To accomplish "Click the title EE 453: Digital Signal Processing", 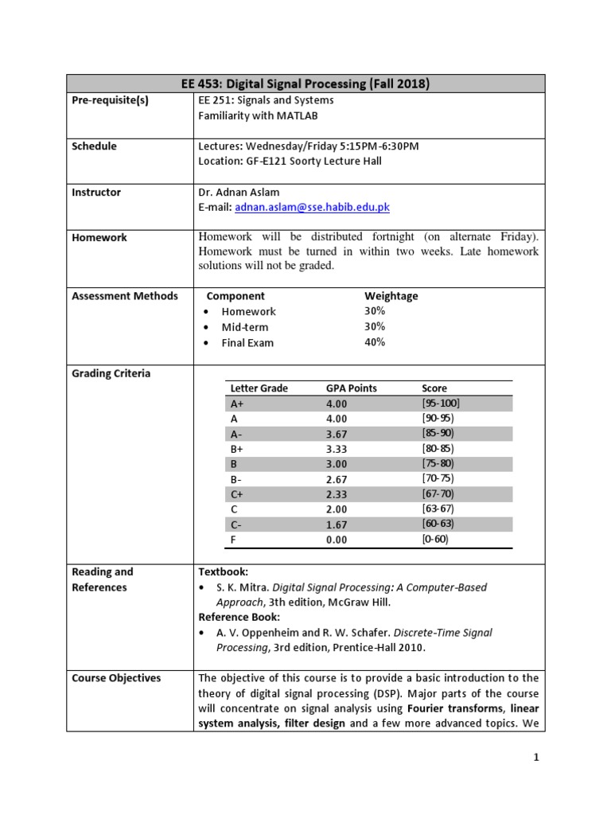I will [x=305, y=84].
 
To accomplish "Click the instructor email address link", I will [x=313, y=208].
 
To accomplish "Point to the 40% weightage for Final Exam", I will [x=375, y=342].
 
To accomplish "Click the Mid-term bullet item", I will [x=244, y=327].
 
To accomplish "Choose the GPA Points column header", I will [x=352, y=388].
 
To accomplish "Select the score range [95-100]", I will [x=441, y=403].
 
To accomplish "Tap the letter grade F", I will [x=233, y=540].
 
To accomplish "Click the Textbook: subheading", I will [x=224, y=572].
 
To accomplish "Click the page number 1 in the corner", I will [x=537, y=758].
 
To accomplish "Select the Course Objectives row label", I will [x=116, y=678].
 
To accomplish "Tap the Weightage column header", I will [x=391, y=296].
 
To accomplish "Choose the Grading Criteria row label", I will [x=111, y=373].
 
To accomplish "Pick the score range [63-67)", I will [x=438, y=509].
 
